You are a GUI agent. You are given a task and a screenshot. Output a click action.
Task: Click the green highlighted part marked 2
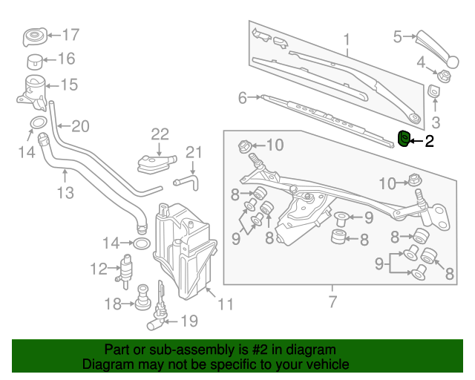[x=404, y=138]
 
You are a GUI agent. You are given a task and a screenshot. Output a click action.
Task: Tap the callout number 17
[x=70, y=34]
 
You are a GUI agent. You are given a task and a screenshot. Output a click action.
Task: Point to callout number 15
[x=69, y=85]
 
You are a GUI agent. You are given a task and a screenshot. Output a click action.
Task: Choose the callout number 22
[x=160, y=134]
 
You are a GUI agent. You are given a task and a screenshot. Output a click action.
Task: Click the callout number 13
[x=65, y=193]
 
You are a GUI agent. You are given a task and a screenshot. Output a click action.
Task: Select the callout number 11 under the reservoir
[x=226, y=304]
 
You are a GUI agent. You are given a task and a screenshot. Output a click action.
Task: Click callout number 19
[x=190, y=321]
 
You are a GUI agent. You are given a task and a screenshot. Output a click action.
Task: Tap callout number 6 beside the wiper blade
[x=242, y=97]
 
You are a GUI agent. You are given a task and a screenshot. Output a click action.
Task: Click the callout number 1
[x=346, y=37]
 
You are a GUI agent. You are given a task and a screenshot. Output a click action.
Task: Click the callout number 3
[x=436, y=122]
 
